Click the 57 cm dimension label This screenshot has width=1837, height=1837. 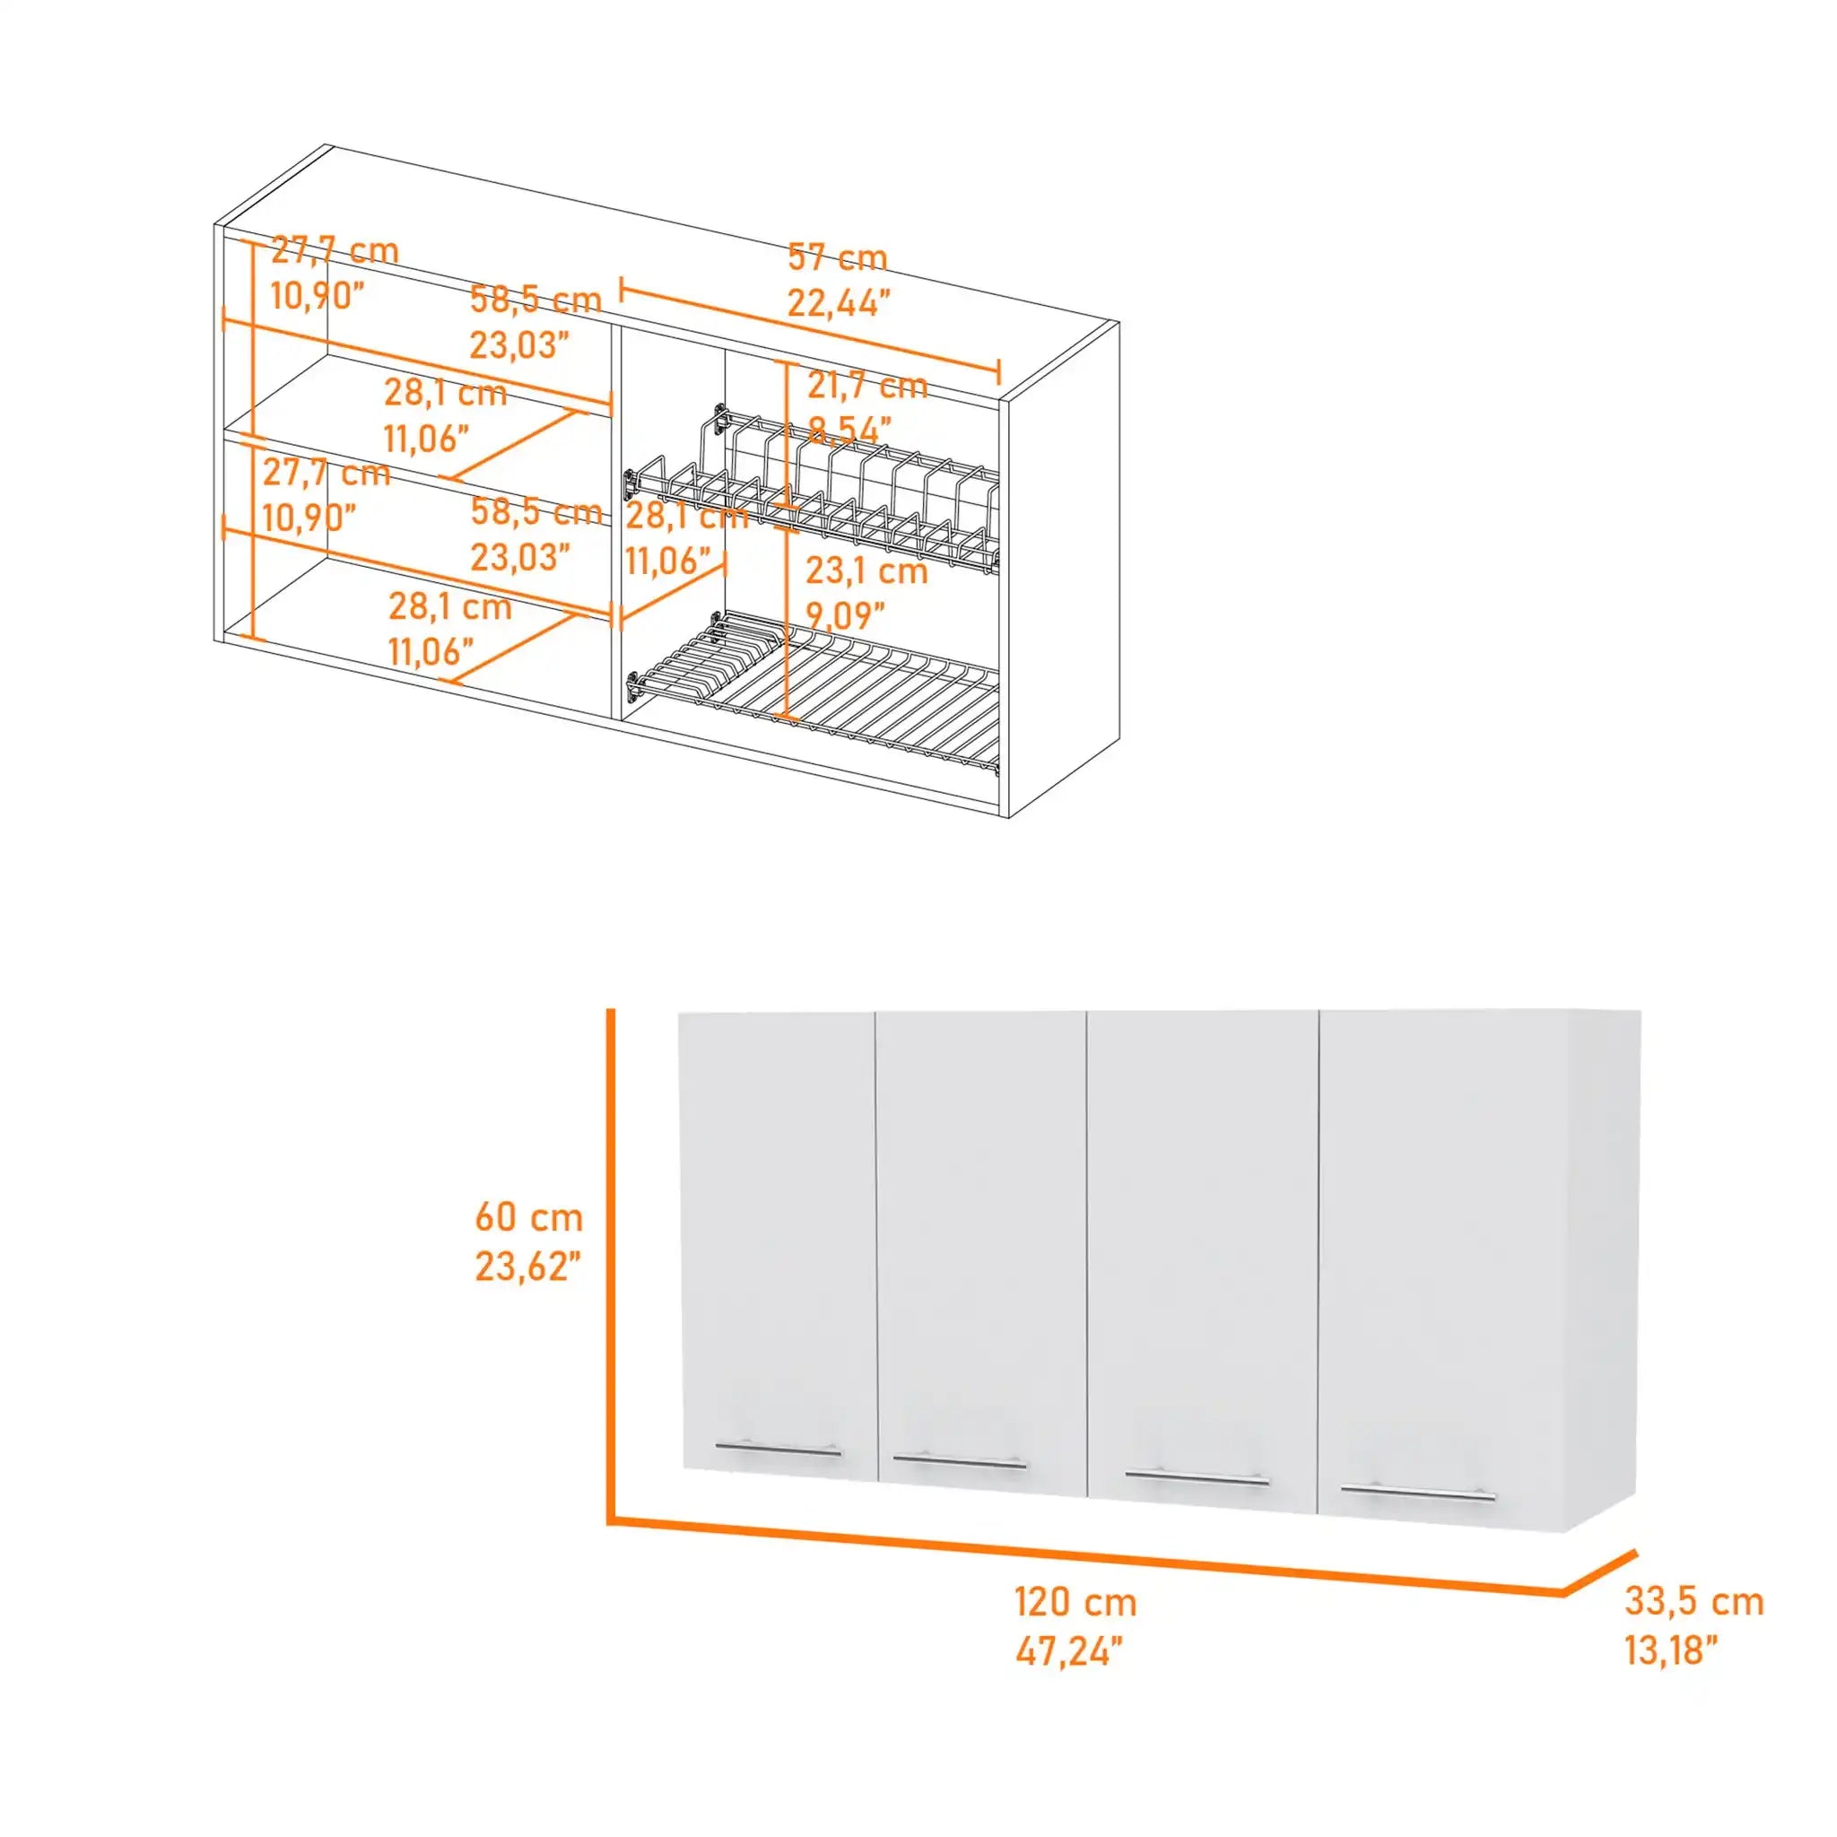pyautogui.click(x=837, y=257)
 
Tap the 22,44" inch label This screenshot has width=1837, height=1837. pyautogui.click(x=839, y=302)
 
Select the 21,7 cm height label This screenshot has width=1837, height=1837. pyautogui.click(x=866, y=386)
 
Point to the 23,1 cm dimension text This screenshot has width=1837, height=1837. pyautogui.click(x=866, y=570)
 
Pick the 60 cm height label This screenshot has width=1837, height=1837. pyautogui.click(x=528, y=1217)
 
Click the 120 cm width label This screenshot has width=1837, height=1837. pyautogui.click(x=1075, y=1602)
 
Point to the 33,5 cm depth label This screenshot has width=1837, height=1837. pyautogui.click(x=1693, y=1601)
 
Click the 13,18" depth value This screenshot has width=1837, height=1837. pyautogui.click(x=1672, y=1650)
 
